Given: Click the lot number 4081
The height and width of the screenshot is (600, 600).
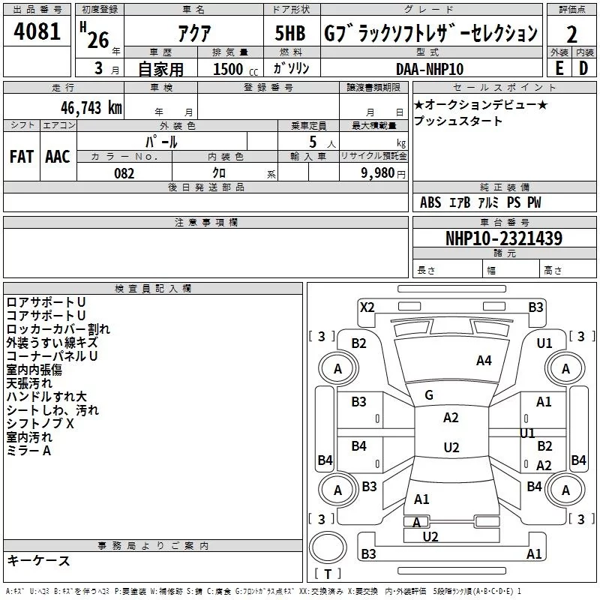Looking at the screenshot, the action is tap(37, 31).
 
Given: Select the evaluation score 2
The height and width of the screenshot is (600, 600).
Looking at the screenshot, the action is tap(571, 34).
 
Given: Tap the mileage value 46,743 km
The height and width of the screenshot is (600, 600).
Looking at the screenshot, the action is tap(91, 107).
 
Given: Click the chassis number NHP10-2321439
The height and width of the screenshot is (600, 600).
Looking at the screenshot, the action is tap(504, 238).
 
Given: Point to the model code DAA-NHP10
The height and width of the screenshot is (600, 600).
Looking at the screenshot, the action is tap(430, 69).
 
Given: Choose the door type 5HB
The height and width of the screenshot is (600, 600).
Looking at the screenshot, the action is tap(290, 33).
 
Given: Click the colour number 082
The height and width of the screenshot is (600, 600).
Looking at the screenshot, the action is tap(124, 173).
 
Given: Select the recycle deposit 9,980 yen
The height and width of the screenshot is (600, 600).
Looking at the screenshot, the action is tap(383, 173).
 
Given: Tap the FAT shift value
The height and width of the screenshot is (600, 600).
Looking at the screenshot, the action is tap(22, 157).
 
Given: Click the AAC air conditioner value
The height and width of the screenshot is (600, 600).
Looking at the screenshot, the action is tap(58, 157).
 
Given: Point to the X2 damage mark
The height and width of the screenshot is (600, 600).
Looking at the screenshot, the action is tap(367, 307).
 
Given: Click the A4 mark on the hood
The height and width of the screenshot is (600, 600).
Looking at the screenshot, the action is tap(484, 361).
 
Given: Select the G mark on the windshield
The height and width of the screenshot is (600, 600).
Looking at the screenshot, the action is tap(429, 395).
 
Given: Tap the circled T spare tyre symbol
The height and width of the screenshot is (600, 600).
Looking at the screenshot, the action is tap(328, 547).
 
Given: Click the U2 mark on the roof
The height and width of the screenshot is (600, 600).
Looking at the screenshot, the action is tap(451, 447).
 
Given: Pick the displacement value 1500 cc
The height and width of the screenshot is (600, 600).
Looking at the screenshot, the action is tap(235, 69).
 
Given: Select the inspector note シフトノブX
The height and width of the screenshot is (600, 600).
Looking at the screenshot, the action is tap(40, 424).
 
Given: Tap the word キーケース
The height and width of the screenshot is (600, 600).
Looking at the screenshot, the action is tap(39, 560).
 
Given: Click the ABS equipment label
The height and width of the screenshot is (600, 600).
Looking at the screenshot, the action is tap(430, 202).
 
